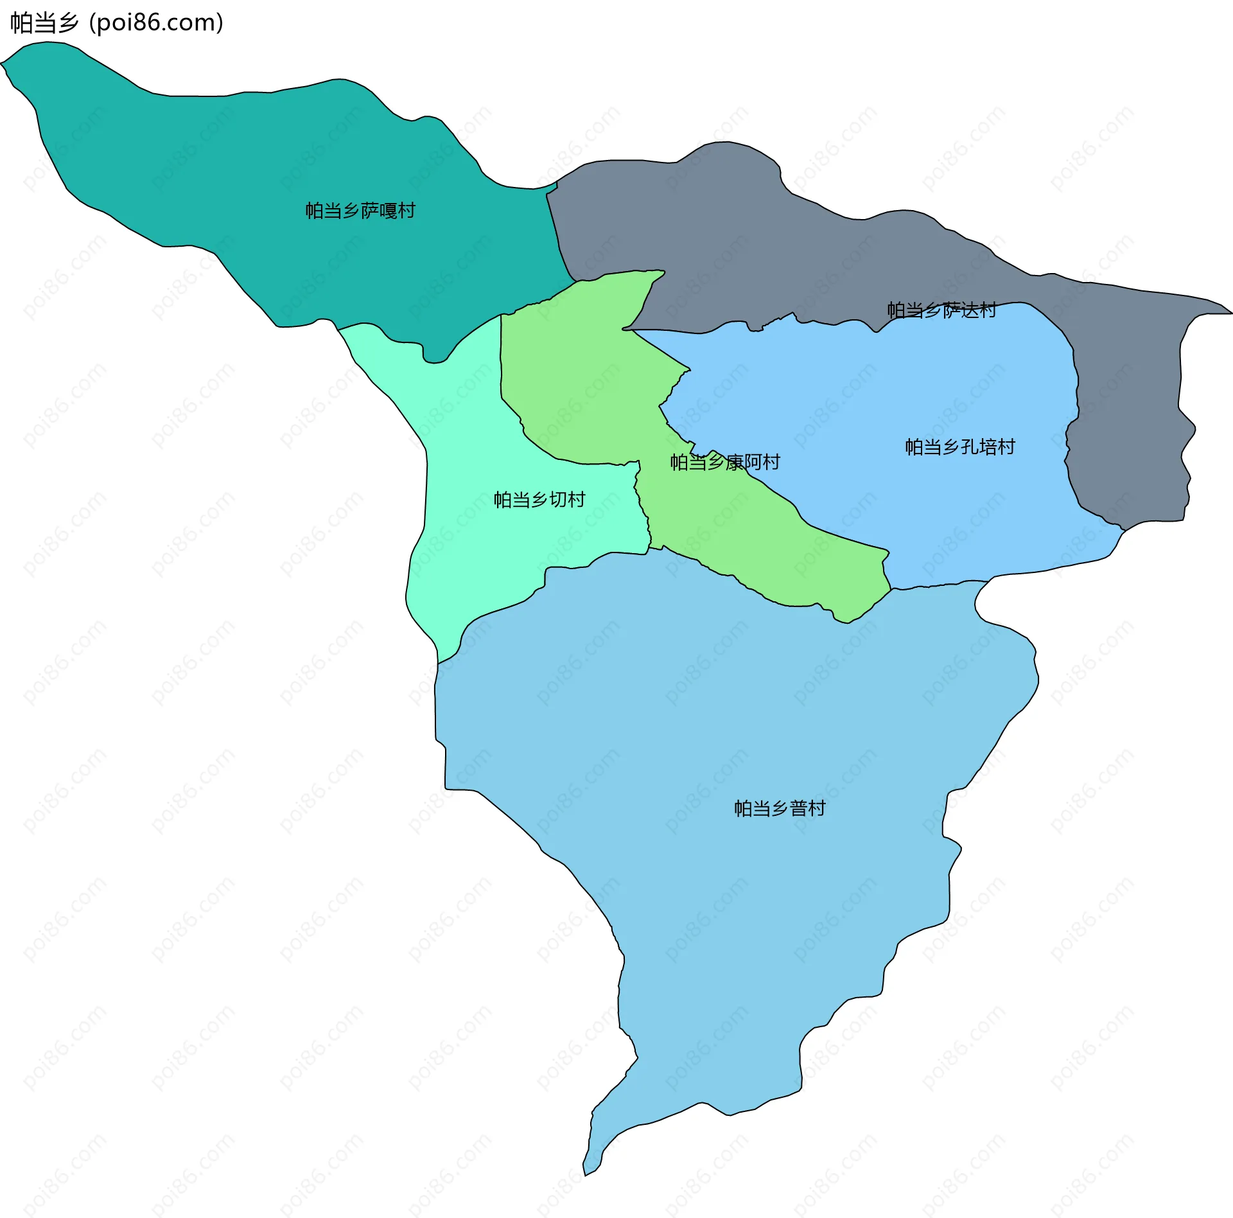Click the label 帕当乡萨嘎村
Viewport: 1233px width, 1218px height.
tap(360, 211)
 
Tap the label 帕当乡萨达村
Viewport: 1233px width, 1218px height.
tap(941, 310)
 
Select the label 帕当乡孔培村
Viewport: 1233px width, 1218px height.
tap(960, 447)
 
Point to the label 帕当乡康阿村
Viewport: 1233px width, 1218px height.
tap(725, 462)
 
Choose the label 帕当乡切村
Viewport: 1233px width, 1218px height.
tap(539, 500)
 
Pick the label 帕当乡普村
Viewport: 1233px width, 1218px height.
tap(780, 808)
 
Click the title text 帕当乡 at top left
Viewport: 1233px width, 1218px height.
tap(44, 22)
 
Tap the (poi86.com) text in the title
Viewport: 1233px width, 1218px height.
tap(156, 22)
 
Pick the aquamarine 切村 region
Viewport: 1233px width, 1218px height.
tap(469, 546)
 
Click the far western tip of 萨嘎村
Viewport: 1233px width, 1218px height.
tap(3, 63)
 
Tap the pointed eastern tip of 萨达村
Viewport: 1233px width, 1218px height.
tap(1230, 313)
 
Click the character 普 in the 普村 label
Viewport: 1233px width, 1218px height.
tap(798, 808)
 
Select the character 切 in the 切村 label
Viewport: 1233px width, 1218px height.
tap(558, 500)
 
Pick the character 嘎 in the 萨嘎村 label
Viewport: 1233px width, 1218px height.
tap(388, 211)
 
